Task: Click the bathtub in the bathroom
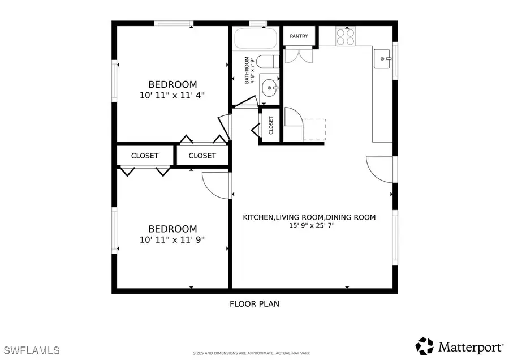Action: [255, 39]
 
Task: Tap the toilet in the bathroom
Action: [267, 62]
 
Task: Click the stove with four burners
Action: [346, 37]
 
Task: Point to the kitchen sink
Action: [383, 58]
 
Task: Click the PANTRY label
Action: [299, 36]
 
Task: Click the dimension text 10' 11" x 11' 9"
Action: [172, 239]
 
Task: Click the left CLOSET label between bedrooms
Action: [145, 156]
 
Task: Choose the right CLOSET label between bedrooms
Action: [202, 156]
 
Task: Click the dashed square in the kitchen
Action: [315, 130]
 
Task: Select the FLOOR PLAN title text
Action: [254, 304]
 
